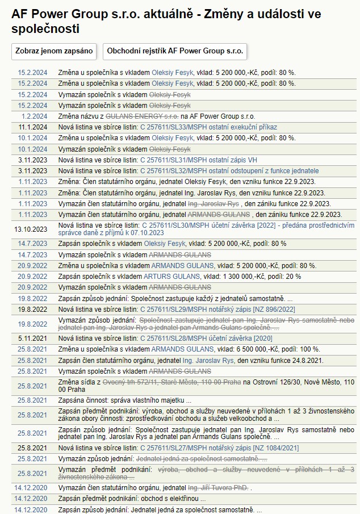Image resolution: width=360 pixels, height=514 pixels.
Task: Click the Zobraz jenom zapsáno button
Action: pyautogui.click(x=54, y=51)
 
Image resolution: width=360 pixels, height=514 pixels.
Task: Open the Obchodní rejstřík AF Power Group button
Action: pyautogui.click(x=174, y=51)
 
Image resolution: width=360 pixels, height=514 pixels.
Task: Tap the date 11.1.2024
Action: pyautogui.click(x=33, y=127)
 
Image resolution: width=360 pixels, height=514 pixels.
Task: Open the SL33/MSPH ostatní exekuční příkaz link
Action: pyautogui.click(x=208, y=127)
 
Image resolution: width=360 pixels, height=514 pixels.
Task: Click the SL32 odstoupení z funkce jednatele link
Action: pyautogui.click(x=229, y=171)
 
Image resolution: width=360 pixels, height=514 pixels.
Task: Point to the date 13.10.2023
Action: pyautogui.click(x=31, y=229)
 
